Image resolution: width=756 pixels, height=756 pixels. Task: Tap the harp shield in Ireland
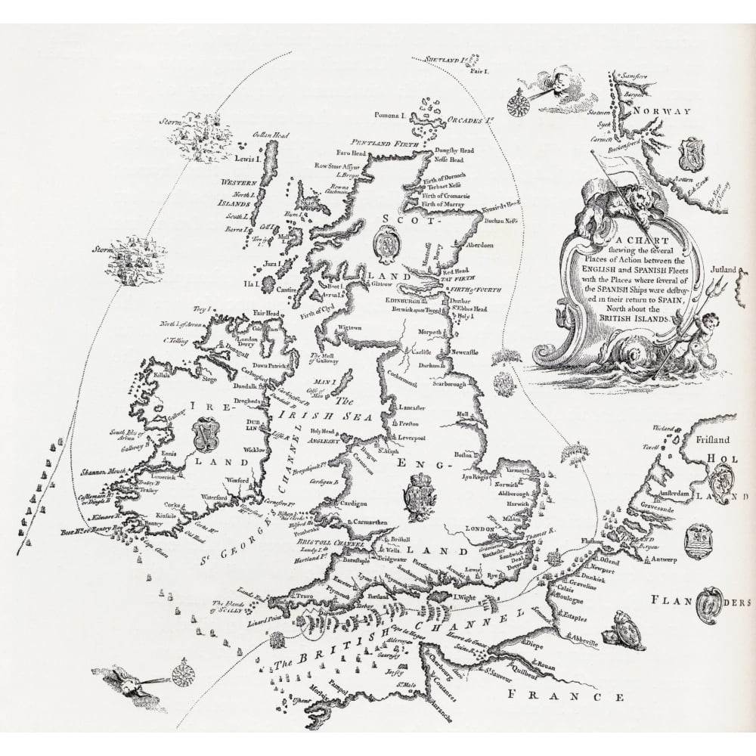(x=203, y=432)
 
